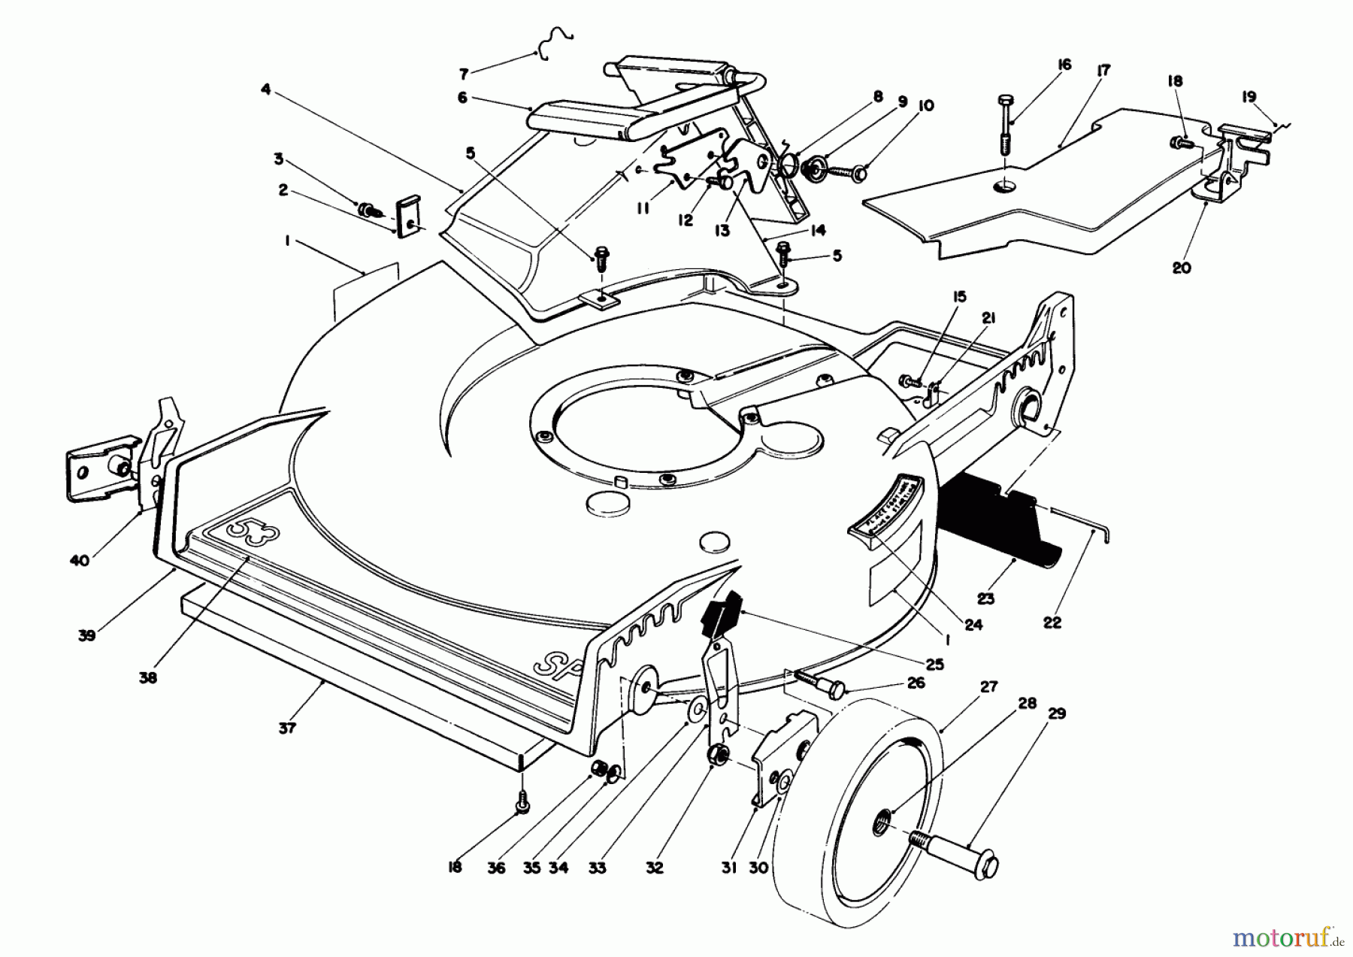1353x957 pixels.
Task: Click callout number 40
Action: click(x=80, y=560)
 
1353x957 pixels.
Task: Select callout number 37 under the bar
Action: click(x=287, y=727)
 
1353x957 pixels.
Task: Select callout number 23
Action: click(x=985, y=598)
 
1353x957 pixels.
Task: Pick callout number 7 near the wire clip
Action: click(x=464, y=74)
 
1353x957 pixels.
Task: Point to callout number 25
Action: click(x=935, y=665)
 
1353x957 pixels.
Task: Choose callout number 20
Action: click(x=1182, y=267)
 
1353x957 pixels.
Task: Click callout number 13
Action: click(x=722, y=231)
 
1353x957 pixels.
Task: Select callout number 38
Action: click(x=148, y=677)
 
